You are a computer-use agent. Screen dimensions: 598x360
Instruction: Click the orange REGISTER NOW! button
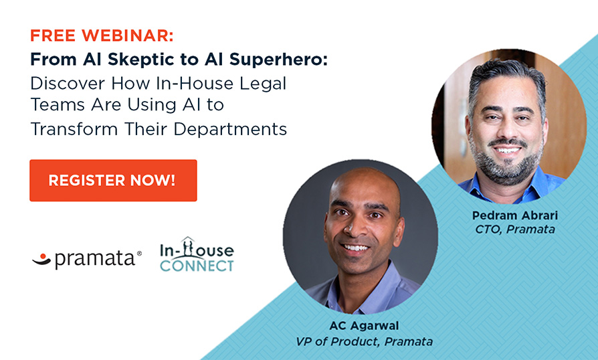[113, 181]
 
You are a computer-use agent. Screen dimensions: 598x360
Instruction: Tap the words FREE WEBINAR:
[102, 35]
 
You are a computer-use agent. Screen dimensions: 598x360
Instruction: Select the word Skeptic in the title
[153, 60]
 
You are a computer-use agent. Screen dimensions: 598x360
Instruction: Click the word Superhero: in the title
[278, 60]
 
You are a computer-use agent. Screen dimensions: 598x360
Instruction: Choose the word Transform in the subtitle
[74, 129]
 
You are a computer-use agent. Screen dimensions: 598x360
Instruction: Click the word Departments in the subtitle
[230, 130]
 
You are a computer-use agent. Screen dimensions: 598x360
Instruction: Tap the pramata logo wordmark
[95, 259]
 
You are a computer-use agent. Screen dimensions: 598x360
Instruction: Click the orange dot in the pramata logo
[43, 256]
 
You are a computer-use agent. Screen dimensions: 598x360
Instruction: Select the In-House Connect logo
[197, 254]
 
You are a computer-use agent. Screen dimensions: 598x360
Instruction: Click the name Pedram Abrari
[515, 215]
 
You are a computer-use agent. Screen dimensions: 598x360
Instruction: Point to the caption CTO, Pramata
[515, 230]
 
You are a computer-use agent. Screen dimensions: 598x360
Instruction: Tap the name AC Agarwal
[364, 326]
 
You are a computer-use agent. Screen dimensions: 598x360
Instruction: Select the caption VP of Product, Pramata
[364, 341]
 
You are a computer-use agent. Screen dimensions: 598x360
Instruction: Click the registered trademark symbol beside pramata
[139, 253]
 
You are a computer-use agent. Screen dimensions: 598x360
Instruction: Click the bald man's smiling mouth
[355, 248]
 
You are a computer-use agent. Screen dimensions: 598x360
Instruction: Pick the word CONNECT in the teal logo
[197, 266]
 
